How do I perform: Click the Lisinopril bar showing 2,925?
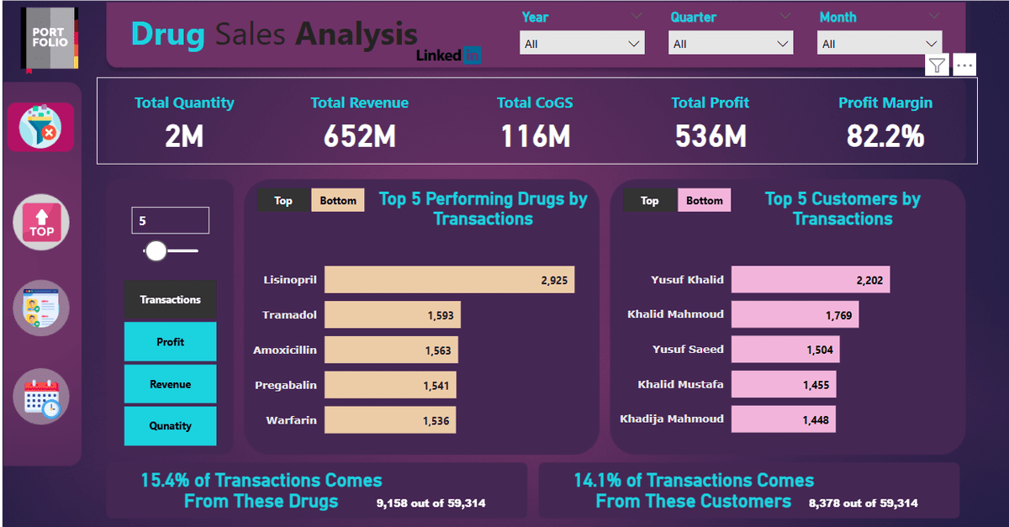[449, 280]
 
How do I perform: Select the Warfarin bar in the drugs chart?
[390, 420]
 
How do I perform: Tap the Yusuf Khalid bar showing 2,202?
[810, 280]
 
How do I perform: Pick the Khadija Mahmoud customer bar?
[783, 419]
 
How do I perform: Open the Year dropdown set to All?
[582, 43]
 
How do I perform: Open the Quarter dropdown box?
[731, 43]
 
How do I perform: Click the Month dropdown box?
[880, 44]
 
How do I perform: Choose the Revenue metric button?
[170, 384]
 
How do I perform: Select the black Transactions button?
[170, 299]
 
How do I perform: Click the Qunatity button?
[170, 426]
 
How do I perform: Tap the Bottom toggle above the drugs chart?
[338, 201]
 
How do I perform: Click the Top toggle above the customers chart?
[650, 201]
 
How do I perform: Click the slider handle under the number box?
[156, 250]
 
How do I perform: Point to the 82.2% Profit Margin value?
[885, 136]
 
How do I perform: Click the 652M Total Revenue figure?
[359, 136]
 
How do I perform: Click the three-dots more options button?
[964, 65]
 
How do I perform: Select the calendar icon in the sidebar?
[41, 397]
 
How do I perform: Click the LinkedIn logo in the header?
[449, 55]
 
